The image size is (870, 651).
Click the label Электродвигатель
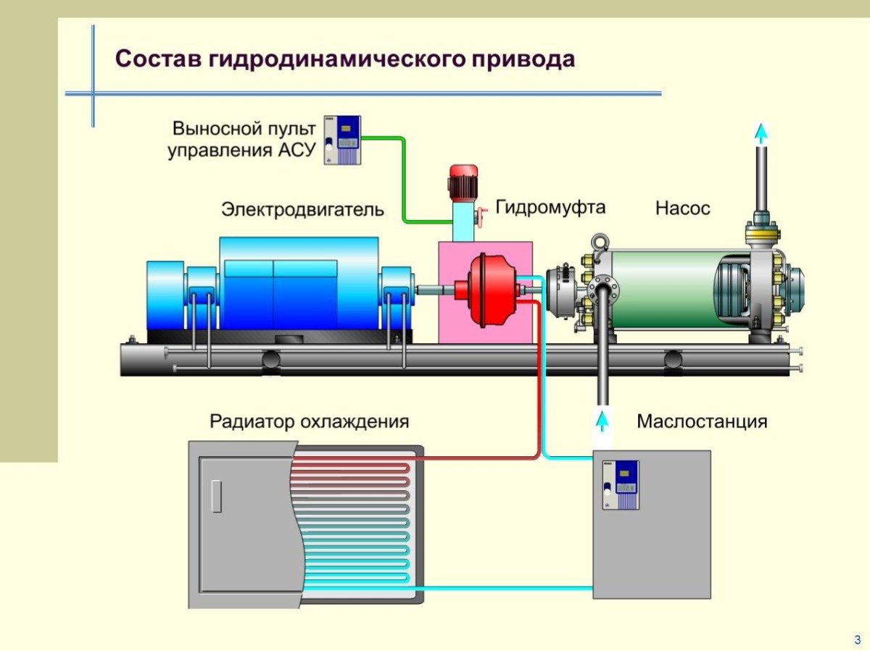[x=302, y=210]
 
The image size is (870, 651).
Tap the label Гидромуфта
[x=550, y=207]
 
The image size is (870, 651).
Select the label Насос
[x=683, y=209]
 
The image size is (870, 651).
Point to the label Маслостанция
[x=702, y=421]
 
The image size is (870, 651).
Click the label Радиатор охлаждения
[x=310, y=421]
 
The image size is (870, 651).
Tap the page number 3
[x=857, y=639]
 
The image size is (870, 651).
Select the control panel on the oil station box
[x=626, y=485]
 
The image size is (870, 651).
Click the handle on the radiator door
[x=216, y=496]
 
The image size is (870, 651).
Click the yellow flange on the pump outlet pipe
[x=761, y=233]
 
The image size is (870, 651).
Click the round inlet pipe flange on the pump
[x=603, y=290]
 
